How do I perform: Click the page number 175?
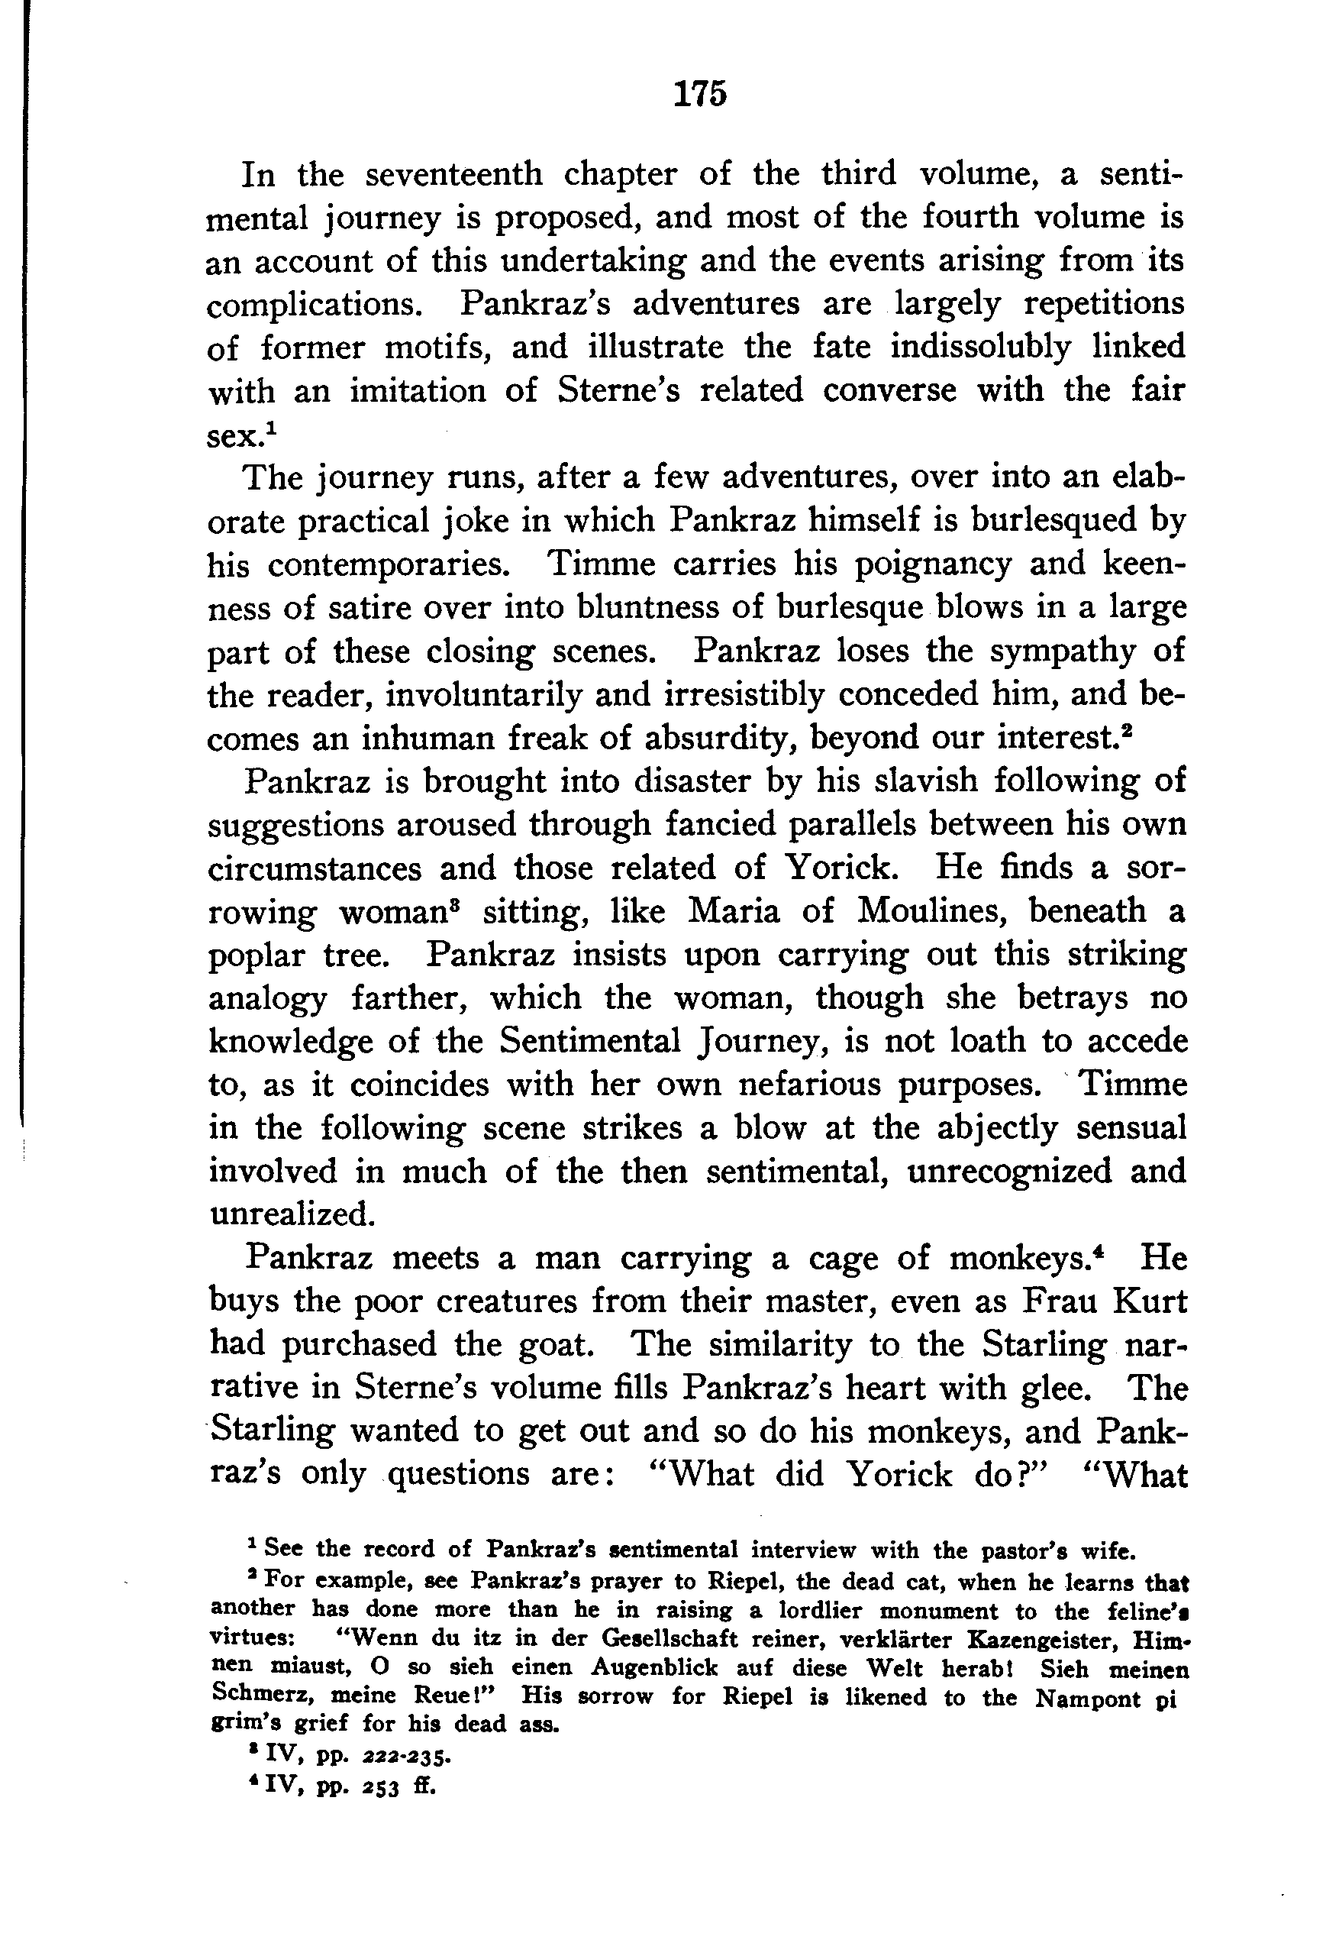[x=700, y=94]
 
